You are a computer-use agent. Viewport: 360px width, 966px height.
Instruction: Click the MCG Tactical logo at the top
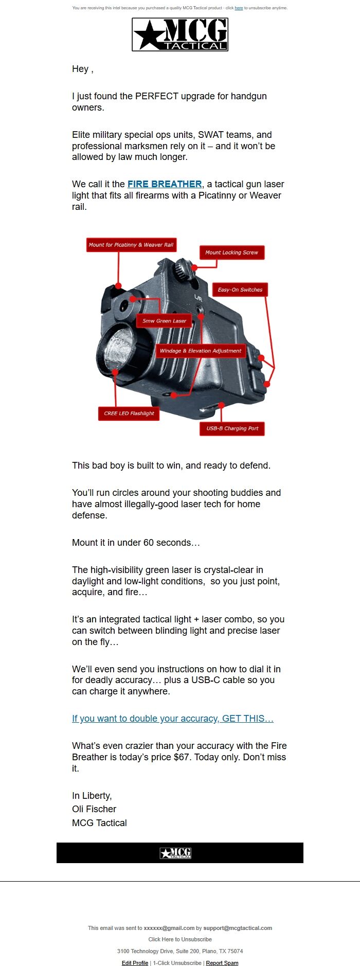180,34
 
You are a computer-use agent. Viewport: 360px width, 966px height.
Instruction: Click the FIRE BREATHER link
165,184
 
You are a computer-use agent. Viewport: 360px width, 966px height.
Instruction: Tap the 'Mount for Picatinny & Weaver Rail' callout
131,245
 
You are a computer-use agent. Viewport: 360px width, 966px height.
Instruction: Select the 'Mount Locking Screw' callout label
231,253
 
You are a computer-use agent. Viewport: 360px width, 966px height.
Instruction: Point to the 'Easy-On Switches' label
240,290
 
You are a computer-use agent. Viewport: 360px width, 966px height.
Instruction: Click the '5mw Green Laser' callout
164,321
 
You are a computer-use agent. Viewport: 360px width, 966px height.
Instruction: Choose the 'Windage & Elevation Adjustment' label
200,351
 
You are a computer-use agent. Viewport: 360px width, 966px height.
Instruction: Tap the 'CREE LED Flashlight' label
129,414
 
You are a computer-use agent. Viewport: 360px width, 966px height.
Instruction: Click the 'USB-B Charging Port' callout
232,428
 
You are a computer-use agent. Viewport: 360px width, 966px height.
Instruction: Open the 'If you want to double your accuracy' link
173,719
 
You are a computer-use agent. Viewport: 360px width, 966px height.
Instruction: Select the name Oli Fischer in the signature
94,809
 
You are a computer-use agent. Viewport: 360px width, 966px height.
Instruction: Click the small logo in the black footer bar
175,853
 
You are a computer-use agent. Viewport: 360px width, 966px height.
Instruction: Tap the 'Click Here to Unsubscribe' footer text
180,939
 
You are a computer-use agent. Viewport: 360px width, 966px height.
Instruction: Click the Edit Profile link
135,963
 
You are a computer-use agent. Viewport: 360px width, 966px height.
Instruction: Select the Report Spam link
222,963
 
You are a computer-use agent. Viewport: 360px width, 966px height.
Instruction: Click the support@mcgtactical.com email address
238,928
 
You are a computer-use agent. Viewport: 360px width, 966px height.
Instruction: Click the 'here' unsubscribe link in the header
239,8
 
